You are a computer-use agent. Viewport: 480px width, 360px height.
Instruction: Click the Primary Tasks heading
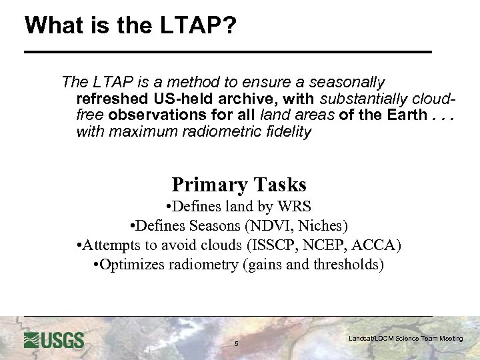coord(239,185)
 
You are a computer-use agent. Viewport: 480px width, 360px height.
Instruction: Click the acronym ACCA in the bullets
coord(377,245)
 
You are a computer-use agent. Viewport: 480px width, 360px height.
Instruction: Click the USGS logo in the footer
coord(54,340)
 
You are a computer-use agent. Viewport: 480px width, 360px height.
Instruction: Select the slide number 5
coord(236,344)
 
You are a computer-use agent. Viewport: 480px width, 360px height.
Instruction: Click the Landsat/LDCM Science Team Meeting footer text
coord(405,339)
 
